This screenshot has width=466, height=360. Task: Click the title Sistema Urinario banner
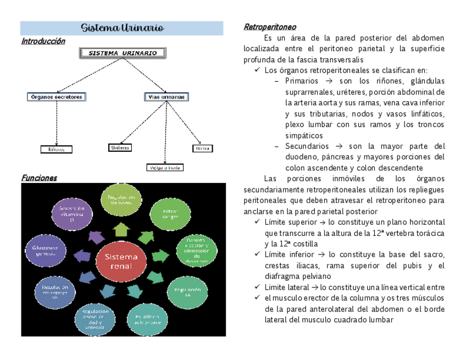pos(122,27)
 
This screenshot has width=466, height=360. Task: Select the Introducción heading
pos(43,41)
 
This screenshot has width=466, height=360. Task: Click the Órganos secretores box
pos(56,97)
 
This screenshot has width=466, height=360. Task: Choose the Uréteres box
pos(120,148)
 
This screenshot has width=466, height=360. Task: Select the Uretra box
pos(202,148)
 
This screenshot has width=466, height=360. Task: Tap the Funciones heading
pos(39,178)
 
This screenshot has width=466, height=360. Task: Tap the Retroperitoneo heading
pos(270,27)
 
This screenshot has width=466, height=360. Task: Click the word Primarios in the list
pos(302,81)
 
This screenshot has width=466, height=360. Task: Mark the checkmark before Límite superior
pos(258,222)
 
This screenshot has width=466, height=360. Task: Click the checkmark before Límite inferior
pos(258,254)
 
